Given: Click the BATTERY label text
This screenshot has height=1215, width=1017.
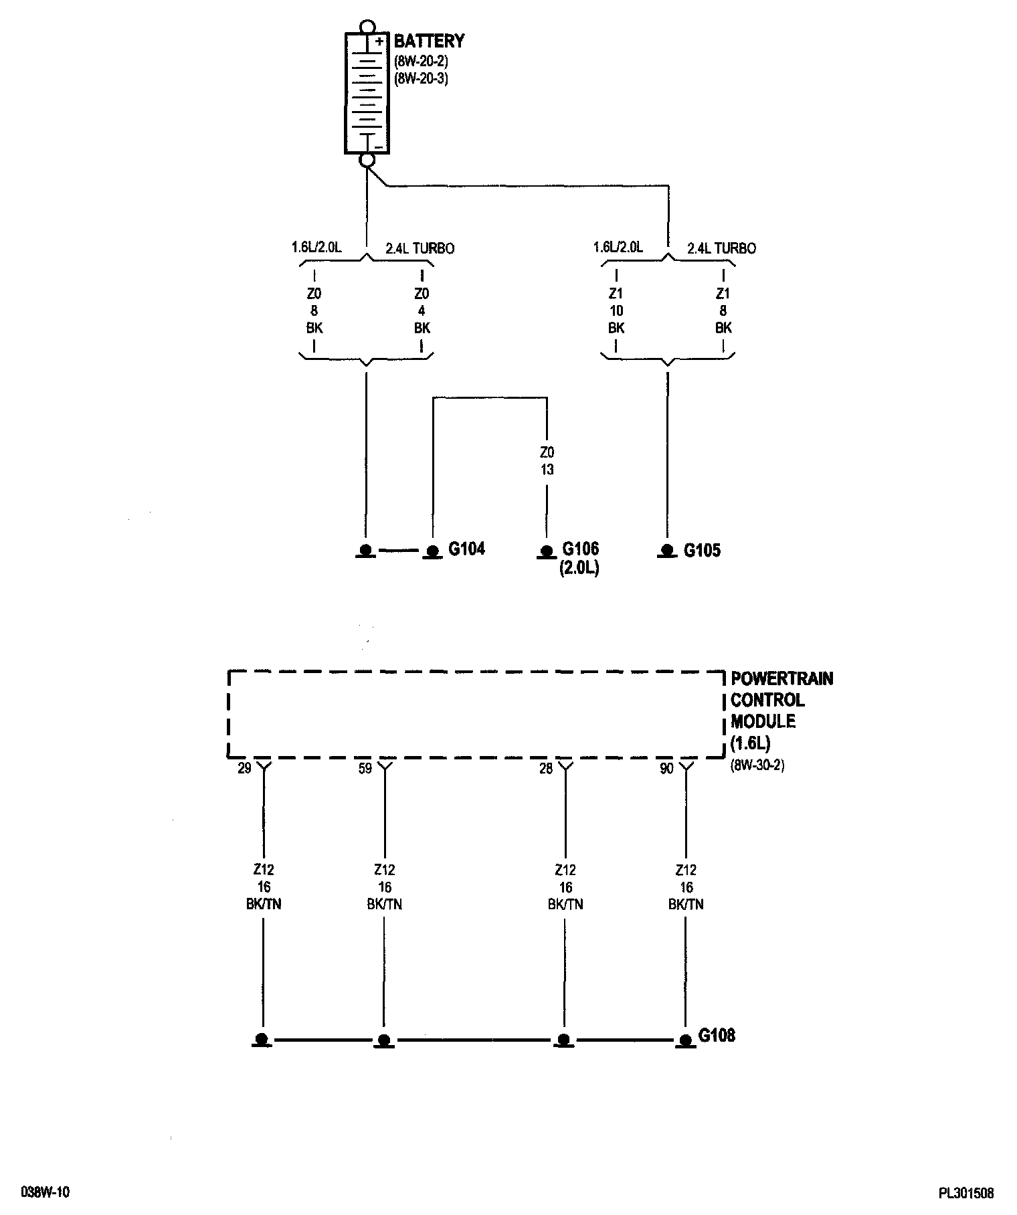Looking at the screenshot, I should (x=429, y=41).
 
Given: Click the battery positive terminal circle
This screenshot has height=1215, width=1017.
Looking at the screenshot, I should (x=366, y=27).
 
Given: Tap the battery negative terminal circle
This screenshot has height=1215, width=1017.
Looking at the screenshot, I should (x=367, y=160).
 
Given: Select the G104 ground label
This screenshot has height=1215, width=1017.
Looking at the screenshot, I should (x=466, y=549).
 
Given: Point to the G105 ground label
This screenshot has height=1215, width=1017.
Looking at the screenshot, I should (x=702, y=551).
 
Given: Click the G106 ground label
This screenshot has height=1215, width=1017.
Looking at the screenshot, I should (x=580, y=549).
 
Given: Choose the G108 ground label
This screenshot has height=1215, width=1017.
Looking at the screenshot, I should (x=717, y=1035).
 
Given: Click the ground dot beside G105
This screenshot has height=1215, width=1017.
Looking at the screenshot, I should (x=667, y=550).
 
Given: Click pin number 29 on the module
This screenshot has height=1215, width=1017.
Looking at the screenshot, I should (x=244, y=768).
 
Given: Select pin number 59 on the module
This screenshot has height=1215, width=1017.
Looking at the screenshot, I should (x=365, y=768).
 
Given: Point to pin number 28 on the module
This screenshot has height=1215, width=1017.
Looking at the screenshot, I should (x=546, y=769).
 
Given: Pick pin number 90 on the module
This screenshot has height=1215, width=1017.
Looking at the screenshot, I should (x=666, y=769).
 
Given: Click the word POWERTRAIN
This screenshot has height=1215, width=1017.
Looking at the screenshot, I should (x=781, y=678).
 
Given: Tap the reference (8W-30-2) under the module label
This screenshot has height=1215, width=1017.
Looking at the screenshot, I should (x=757, y=764).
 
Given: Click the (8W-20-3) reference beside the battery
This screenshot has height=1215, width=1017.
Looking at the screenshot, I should (x=421, y=78).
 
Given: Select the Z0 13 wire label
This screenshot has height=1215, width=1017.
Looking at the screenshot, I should (x=547, y=462).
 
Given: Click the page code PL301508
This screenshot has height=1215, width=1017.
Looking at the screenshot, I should (x=965, y=1193).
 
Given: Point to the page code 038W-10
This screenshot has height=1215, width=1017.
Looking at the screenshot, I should (x=45, y=1192).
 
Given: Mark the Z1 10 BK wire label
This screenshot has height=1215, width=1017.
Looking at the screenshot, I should (x=616, y=310).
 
